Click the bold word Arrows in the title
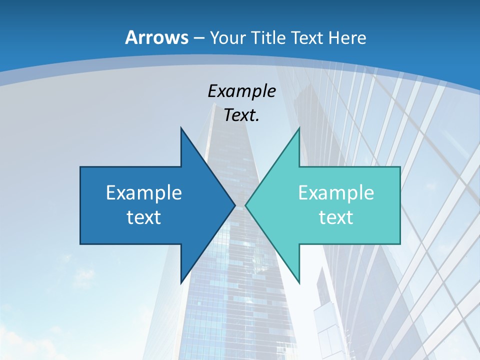pos(156,37)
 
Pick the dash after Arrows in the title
pos(198,38)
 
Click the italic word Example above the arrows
pos(241,91)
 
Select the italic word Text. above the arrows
pos(241,115)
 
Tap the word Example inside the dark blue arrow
pos(143,192)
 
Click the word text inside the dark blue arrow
pos(143,217)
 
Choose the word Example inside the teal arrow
pos(336,192)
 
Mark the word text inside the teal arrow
pos(336,217)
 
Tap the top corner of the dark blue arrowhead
pos(181,128)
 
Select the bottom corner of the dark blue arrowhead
pos(181,282)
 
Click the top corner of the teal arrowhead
pos(299,128)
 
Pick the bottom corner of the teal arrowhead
pos(299,282)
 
